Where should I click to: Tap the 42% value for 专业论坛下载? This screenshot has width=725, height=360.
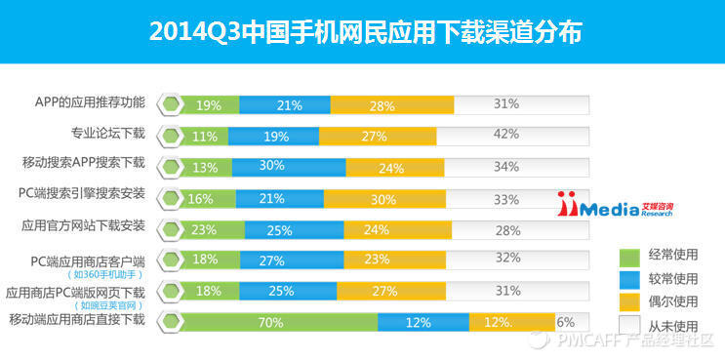pos(504,136)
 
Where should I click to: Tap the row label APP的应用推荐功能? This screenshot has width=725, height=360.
pos(90,102)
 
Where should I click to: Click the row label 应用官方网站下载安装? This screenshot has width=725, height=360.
pos(83,226)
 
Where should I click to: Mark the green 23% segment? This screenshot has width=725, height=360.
pos(205,230)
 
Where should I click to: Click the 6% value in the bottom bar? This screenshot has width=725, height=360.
pos(565,322)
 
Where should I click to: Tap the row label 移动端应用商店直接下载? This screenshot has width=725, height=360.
pos(76,319)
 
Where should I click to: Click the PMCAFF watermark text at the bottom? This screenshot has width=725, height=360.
pos(634,341)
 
